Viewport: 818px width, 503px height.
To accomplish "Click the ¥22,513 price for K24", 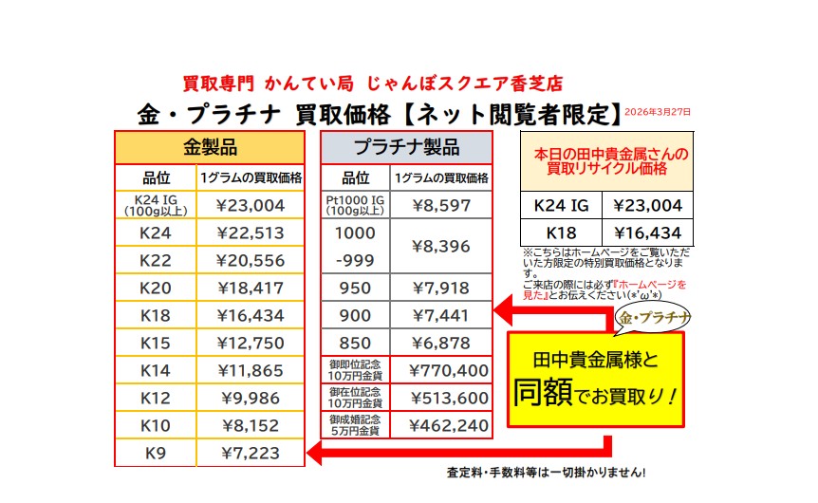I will coord(251,233).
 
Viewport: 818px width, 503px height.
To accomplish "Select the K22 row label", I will coord(155,260).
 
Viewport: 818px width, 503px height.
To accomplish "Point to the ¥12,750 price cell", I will coord(251,342).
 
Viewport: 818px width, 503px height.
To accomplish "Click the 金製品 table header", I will coord(210,147).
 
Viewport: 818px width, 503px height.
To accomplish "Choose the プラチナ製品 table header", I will coord(406,147).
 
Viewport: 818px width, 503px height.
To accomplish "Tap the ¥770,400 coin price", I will coord(448,369).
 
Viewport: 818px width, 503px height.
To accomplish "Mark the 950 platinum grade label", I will coord(355,287).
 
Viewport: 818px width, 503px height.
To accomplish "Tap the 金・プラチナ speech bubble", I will coord(654,316).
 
